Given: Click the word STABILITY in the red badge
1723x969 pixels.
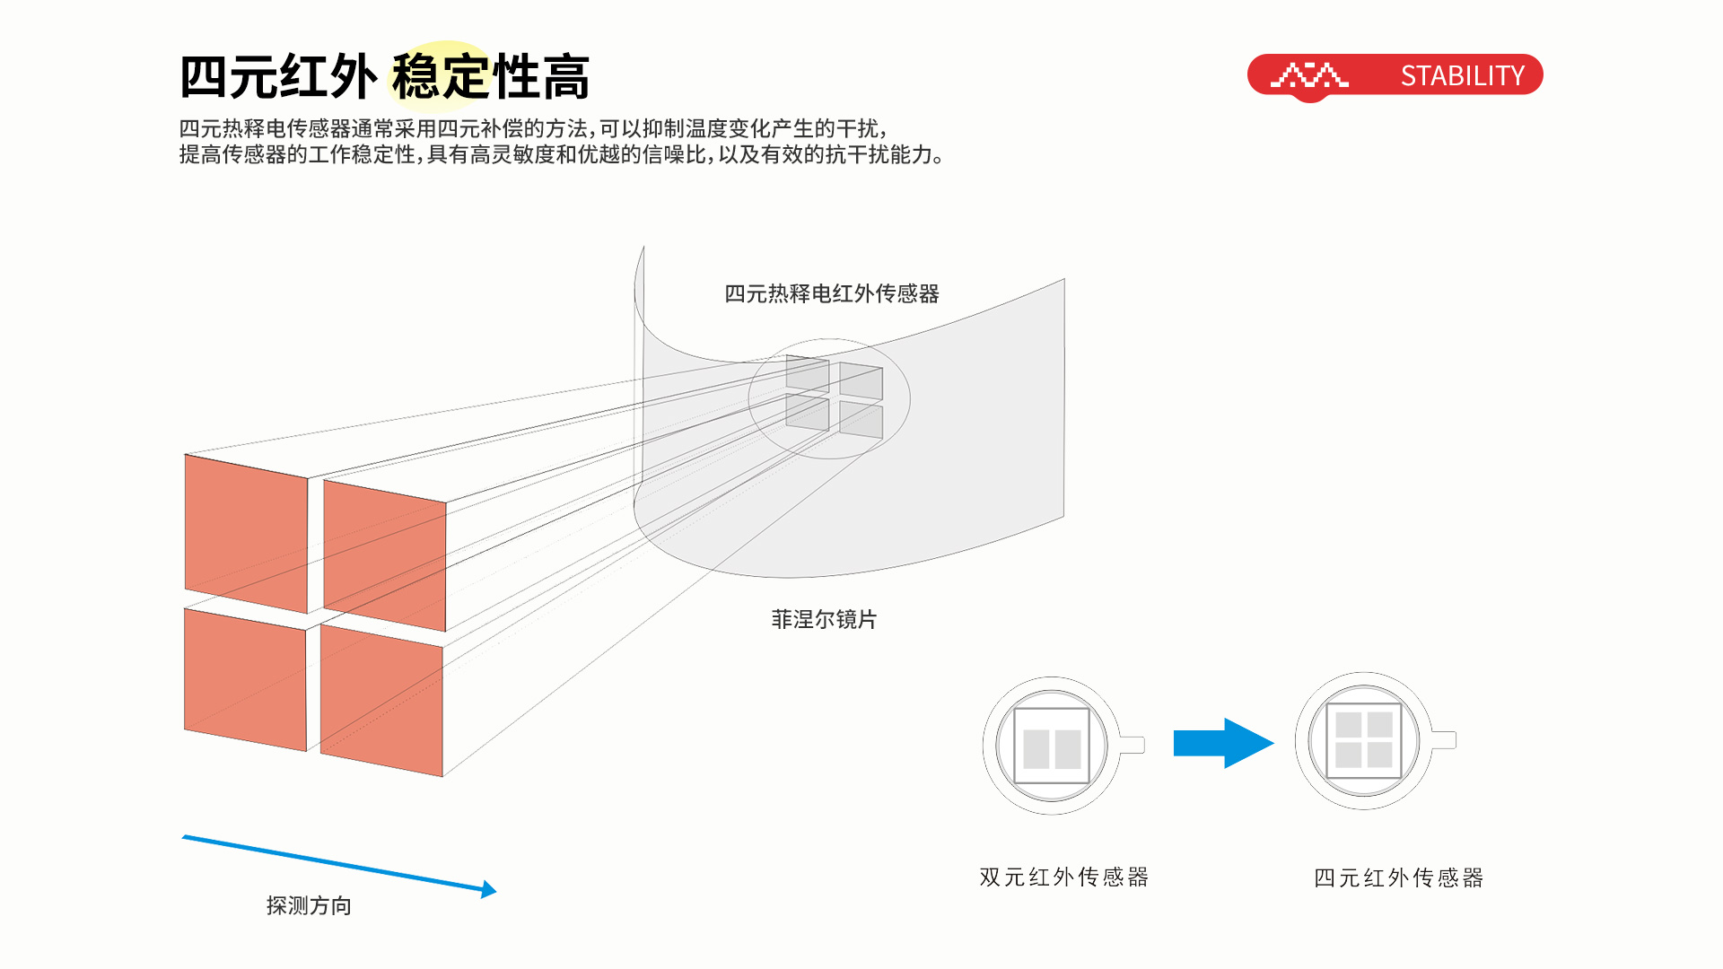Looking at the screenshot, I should (1462, 76).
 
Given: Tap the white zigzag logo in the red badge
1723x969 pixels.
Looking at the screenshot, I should (1309, 75).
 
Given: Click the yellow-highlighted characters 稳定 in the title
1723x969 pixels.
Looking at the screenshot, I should (440, 76).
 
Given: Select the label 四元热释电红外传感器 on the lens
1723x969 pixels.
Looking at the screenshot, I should (831, 293).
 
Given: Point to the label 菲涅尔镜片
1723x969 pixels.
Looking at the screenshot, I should (823, 619).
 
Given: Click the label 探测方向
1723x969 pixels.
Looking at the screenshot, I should (309, 905).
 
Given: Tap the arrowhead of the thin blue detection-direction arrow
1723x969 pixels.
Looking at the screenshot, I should (488, 889).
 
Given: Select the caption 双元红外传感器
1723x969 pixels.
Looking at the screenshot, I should (1063, 877).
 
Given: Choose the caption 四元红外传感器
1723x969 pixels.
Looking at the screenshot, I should (1398, 877).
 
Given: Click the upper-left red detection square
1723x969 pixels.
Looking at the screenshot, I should (246, 533).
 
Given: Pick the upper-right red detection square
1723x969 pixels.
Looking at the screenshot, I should (384, 554).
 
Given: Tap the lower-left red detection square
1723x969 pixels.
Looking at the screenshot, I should (244, 679).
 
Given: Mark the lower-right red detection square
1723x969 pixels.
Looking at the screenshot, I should (381, 700).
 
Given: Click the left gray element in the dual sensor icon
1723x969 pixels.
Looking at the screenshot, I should (1036, 748).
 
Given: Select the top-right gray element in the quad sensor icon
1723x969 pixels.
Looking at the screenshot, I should (1379, 725).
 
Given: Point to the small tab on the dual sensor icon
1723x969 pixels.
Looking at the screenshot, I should (1133, 745).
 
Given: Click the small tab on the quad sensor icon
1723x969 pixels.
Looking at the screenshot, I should (1443, 740).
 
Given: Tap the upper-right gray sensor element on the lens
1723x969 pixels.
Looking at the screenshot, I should (861, 381).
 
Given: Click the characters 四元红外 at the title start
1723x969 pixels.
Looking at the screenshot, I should (278, 76).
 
